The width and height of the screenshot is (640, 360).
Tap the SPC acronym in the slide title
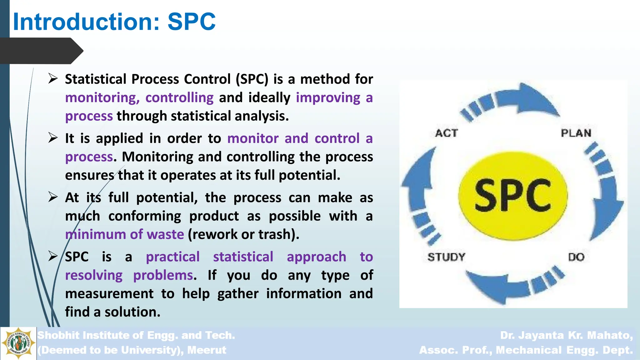coord(191,22)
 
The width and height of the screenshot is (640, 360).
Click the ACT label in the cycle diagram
coord(447,133)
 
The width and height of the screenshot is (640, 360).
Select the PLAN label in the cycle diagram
coord(576,133)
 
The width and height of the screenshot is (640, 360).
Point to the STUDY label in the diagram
coord(446,257)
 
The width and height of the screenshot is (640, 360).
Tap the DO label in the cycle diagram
coord(576,257)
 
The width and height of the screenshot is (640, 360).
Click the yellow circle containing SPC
coord(513,196)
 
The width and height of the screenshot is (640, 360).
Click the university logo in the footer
coord(18,343)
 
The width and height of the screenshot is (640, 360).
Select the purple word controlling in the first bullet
coord(179,98)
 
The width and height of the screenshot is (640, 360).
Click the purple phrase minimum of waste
coord(125,234)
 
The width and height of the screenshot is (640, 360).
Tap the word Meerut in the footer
coord(207,350)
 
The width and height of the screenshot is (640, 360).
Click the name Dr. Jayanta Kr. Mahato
coord(566,335)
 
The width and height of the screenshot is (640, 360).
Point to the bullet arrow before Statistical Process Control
coord(53,79)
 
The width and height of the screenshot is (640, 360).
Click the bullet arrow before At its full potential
coord(53,197)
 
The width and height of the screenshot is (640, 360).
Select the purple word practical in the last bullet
coord(172,257)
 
